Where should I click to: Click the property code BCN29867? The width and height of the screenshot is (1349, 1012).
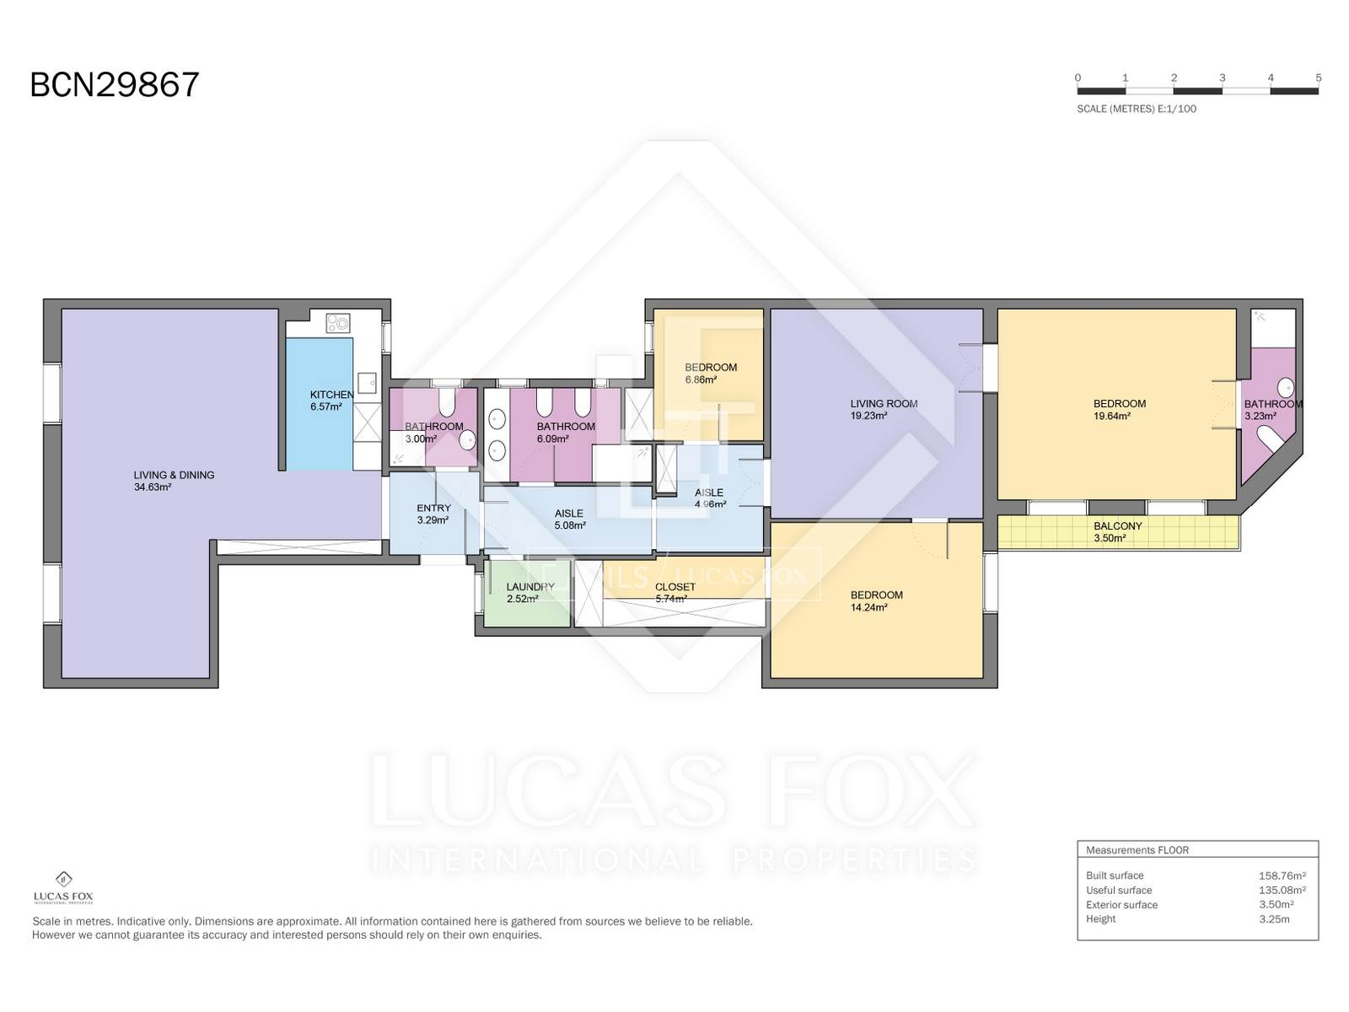(x=115, y=85)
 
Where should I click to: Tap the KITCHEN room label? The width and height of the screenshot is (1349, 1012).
(x=332, y=395)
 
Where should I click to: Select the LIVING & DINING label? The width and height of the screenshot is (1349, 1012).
(x=174, y=475)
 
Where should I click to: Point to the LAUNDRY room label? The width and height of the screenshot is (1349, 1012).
(x=530, y=587)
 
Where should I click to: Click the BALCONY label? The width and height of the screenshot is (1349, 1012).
(x=1117, y=526)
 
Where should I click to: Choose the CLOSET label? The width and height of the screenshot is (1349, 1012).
(x=674, y=587)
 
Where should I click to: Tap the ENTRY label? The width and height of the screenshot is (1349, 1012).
(x=434, y=509)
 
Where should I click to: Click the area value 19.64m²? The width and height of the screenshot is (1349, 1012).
(x=1112, y=416)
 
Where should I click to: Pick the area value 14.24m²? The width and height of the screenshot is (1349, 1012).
(x=869, y=608)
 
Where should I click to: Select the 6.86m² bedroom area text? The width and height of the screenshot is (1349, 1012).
(x=701, y=379)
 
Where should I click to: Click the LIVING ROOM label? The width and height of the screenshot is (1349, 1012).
(x=884, y=404)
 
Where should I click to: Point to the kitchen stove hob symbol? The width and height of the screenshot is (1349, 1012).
(x=337, y=323)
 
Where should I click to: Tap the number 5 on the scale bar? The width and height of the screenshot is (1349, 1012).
(x=1319, y=78)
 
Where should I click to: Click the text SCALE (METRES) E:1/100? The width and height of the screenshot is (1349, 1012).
(x=1137, y=109)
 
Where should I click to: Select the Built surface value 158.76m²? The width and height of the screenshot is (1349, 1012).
(x=1282, y=875)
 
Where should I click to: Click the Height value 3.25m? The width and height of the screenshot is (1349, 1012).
(x=1274, y=919)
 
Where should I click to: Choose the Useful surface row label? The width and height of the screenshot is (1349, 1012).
(x=1119, y=891)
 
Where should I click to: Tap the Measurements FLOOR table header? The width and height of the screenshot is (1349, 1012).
(x=1137, y=850)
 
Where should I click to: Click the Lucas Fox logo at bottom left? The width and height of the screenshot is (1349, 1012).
(x=63, y=888)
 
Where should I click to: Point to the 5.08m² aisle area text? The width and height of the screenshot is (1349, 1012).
(x=570, y=526)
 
